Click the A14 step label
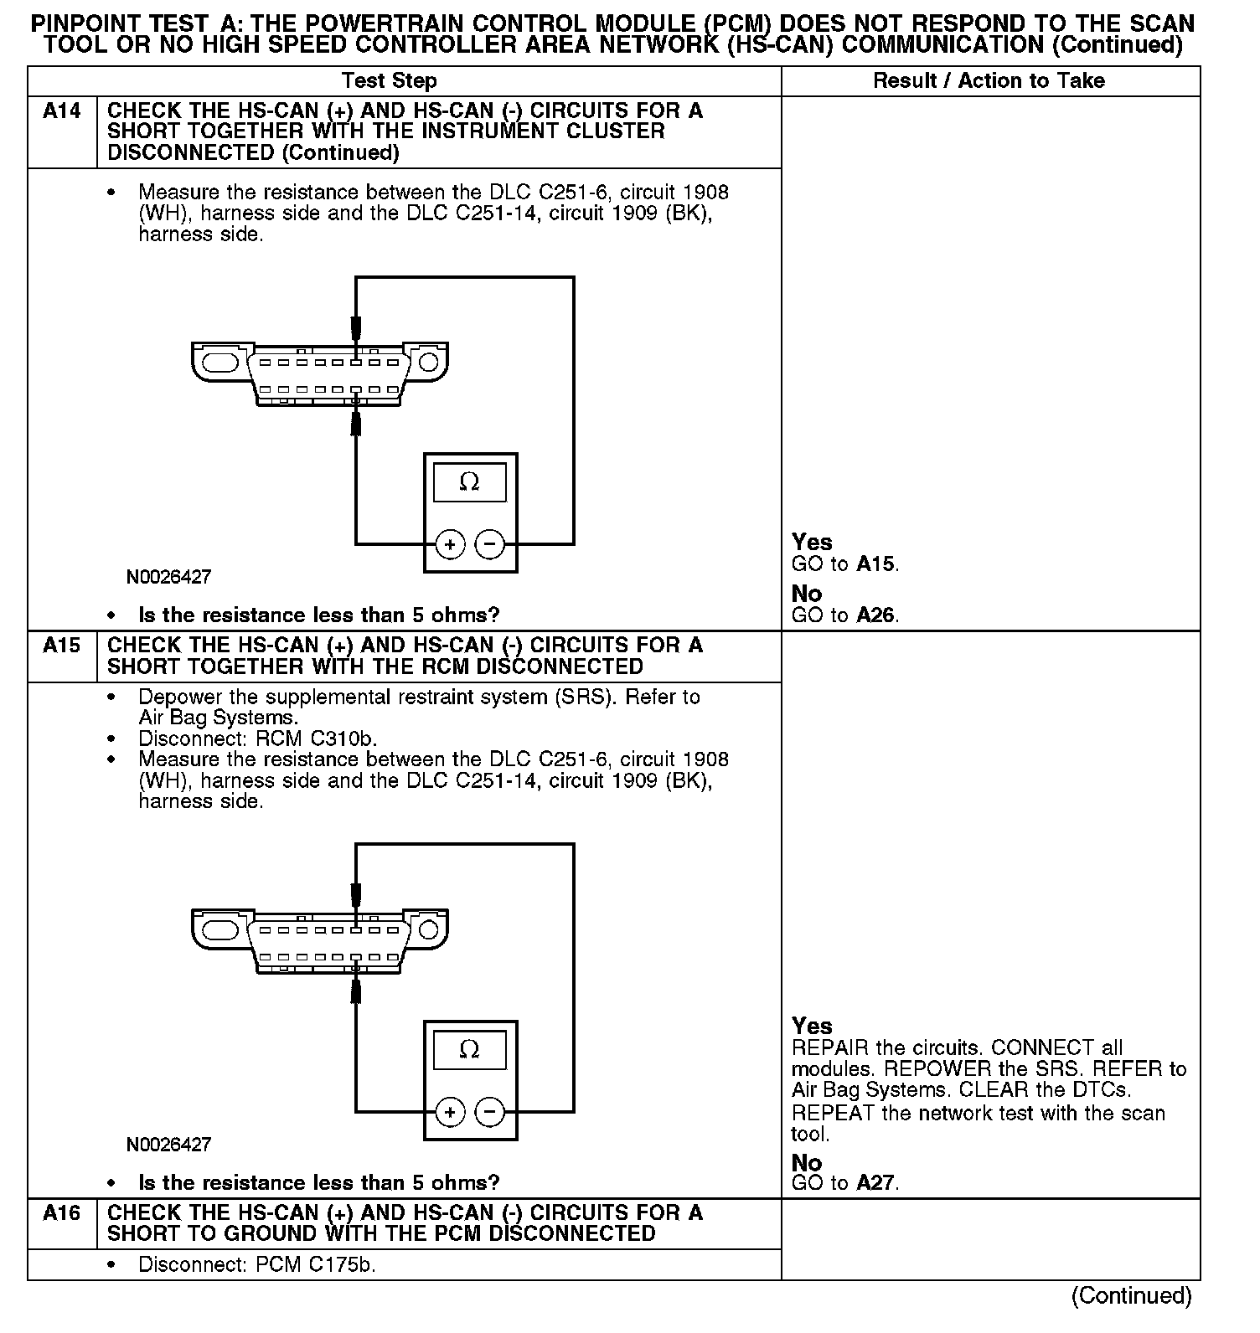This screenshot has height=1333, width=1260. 61,111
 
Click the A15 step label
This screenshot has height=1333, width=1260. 61,646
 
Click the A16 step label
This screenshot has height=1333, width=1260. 61,1213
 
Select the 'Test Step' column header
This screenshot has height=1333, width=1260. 389,81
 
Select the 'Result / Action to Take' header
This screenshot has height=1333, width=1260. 989,81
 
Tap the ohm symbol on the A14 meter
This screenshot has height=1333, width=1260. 469,482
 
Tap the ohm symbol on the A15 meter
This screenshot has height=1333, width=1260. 469,1049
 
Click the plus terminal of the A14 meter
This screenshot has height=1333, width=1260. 450,544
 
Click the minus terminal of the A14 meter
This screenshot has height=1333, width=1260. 490,544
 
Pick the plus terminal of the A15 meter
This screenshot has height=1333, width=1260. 450,1112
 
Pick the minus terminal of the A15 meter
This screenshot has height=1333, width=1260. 490,1112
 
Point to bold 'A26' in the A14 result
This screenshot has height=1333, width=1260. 876,615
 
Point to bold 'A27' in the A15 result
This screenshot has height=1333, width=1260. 876,1183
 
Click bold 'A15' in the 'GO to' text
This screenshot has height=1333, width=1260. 876,564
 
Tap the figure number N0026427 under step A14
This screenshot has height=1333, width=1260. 168,577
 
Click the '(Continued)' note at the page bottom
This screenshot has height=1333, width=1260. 1131,1296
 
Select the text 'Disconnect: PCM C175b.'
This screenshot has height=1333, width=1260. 256,1264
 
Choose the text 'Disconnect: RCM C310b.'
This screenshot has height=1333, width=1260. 257,739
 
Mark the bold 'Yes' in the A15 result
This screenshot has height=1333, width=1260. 812,1026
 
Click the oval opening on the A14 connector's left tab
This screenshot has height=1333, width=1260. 221,362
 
